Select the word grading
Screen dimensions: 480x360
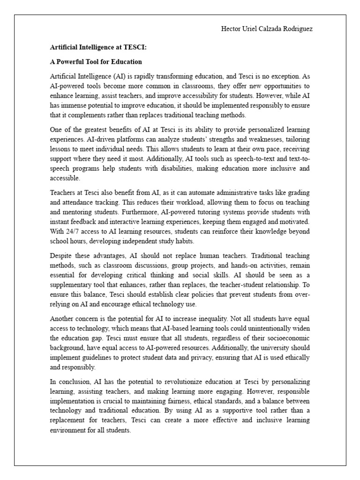(299, 193)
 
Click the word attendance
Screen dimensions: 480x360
(79, 202)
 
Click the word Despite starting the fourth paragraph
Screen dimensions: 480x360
(61, 256)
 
